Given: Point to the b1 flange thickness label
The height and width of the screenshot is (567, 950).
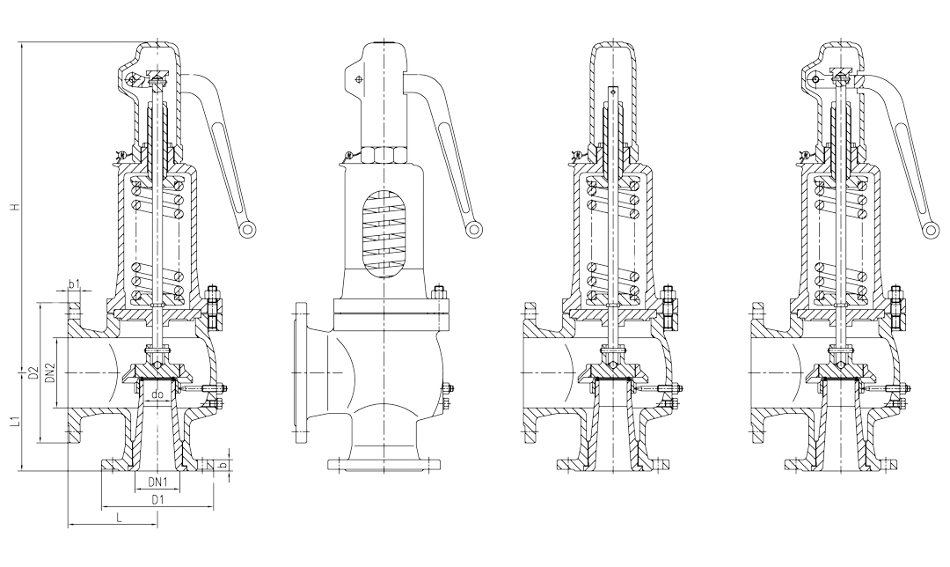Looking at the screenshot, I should (74, 284).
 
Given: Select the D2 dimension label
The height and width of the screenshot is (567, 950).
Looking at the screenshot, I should (32, 373).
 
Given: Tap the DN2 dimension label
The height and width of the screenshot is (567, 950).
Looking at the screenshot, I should (50, 373).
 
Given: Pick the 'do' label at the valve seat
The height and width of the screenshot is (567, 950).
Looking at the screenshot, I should (157, 395).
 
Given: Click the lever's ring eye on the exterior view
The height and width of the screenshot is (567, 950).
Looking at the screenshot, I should (475, 230).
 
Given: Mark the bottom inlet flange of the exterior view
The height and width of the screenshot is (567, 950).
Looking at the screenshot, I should (384, 464).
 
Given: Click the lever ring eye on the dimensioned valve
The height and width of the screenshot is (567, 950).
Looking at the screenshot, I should (249, 230).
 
